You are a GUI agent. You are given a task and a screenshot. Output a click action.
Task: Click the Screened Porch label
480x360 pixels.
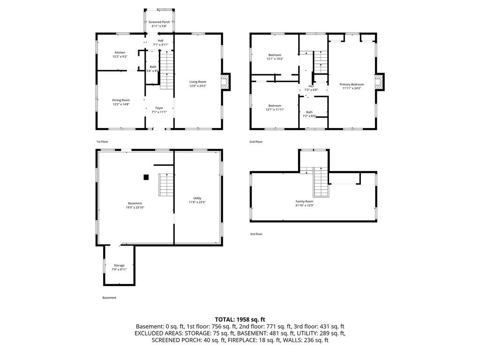159,22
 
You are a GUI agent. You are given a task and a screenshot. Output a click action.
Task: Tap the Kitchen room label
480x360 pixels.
120,52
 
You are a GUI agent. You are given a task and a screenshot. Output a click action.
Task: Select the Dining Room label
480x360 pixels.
120,100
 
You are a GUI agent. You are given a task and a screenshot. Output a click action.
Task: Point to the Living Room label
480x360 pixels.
197,82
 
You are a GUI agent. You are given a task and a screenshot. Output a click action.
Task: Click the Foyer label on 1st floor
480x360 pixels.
159,108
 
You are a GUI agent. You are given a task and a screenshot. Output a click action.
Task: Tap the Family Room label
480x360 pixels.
304,201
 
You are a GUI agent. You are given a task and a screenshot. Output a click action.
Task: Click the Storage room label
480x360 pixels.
119,265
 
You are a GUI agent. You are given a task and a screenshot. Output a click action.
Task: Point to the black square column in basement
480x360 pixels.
146,177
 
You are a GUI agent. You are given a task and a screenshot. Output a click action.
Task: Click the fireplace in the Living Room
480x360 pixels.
226,82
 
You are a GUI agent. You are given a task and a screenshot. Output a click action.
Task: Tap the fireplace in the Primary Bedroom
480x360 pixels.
379,82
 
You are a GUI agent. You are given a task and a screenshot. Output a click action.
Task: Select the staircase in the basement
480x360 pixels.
166,185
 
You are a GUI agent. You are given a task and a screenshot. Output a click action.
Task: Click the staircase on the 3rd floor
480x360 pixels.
320,183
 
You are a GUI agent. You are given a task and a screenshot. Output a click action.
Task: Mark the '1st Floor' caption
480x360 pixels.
103,142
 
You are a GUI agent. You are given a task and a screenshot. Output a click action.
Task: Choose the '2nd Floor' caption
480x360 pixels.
256,142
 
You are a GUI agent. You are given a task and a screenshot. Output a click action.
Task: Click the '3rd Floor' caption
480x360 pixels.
256,234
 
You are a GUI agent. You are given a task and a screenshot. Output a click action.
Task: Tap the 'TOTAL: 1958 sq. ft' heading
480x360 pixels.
240,319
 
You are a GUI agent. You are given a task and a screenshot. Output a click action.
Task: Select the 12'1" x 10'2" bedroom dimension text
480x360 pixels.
275,59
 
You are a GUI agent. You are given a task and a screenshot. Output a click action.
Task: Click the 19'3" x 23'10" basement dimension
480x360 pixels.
135,207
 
